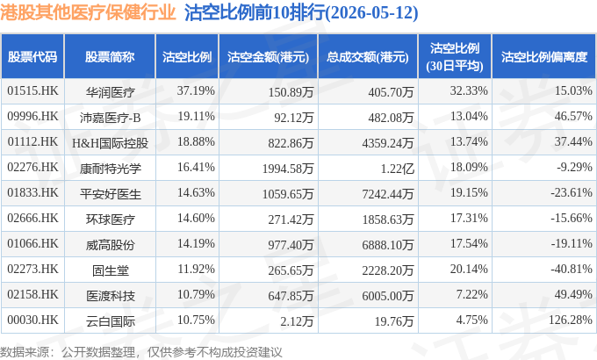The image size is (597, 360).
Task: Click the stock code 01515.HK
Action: coord(32,91)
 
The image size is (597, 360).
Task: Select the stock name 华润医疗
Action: coord(110,92)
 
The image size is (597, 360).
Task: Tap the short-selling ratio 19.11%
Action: coord(196,116)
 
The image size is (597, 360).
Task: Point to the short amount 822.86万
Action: coord(291,143)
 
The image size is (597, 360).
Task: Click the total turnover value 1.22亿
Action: coord(397,169)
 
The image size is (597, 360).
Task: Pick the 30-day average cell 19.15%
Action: coord(469,192)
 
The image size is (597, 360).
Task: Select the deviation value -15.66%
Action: coord(572,218)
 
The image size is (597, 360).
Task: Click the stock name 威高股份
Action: coord(110,245)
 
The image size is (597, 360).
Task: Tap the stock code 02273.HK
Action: coord(32,269)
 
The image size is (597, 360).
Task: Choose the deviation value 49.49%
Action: coord(573,294)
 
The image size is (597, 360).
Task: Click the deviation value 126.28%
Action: coord(571,320)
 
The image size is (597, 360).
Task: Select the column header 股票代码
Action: coord(32,57)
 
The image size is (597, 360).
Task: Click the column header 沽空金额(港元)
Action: coord(268,57)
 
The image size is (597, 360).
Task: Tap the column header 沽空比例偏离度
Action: coord(544,57)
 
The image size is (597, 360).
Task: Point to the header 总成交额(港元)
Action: coord(368,57)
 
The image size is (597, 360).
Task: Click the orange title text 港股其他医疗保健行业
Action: coord(88,12)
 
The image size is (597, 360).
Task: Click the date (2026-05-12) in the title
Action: coord(371,13)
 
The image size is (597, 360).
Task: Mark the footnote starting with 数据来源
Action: coord(141,352)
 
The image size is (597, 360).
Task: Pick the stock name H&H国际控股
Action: coord(110,143)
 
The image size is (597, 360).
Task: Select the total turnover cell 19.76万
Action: coord(394,321)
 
